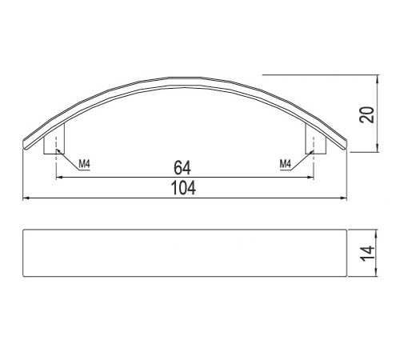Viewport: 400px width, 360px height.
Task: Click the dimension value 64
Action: [x=182, y=168]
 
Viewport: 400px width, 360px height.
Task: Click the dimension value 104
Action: [x=183, y=188]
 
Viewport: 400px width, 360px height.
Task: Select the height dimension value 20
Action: [x=366, y=114]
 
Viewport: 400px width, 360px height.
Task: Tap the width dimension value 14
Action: [x=367, y=254]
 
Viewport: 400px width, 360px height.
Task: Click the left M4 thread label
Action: [x=85, y=164]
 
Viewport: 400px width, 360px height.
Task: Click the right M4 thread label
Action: [x=286, y=164]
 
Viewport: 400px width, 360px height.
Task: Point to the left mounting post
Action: [x=54, y=139]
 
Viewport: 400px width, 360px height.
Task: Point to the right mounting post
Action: [x=316, y=139]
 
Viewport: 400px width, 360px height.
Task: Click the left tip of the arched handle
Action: [x=25, y=144]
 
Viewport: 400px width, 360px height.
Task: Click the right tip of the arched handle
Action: [x=346, y=144]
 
